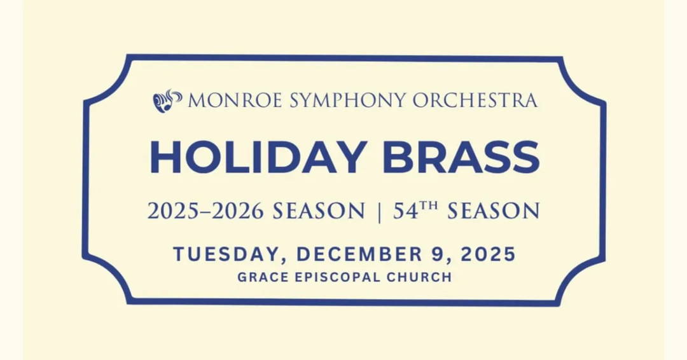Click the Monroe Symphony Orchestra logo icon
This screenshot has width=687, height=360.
click(x=167, y=100)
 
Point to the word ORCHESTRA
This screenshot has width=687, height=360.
click(x=475, y=100)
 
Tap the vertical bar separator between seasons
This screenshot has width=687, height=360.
click(x=379, y=211)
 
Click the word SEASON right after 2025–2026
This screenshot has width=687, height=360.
click(x=319, y=211)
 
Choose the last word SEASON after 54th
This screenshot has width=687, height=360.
click(x=493, y=211)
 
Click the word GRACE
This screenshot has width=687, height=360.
click(x=258, y=277)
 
